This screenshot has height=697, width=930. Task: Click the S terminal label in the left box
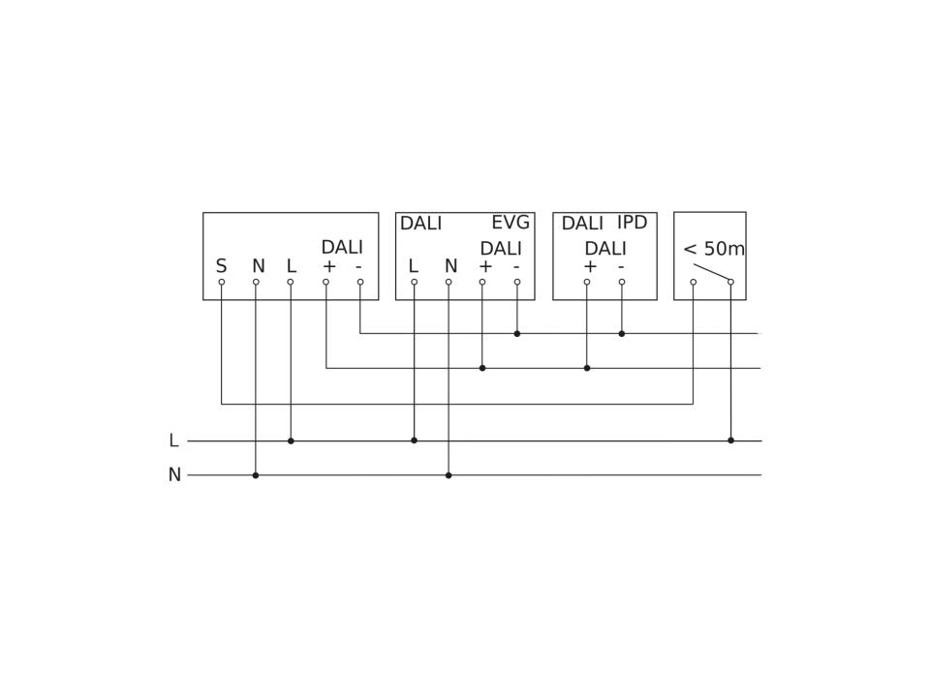click(x=221, y=266)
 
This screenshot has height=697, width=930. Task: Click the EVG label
click(x=511, y=223)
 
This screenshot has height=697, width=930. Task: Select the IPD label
click(x=633, y=223)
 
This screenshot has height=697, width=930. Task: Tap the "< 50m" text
click(x=714, y=249)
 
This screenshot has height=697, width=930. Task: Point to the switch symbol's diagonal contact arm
click(x=712, y=273)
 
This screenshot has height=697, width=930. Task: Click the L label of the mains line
click(x=173, y=440)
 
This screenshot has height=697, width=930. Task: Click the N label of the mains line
click(x=174, y=474)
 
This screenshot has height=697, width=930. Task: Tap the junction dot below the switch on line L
click(x=730, y=440)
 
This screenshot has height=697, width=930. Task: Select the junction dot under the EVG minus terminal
click(x=517, y=334)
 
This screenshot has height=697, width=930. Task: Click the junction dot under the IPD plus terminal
click(x=587, y=368)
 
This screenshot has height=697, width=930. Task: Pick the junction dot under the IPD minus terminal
click(x=622, y=334)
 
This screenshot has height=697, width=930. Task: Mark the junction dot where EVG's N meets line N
click(x=449, y=475)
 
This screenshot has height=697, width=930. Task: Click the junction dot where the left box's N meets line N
click(x=256, y=475)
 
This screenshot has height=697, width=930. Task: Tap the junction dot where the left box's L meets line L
click(x=291, y=440)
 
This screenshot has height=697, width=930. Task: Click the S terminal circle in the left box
click(x=221, y=282)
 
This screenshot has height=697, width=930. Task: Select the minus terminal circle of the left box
click(x=360, y=282)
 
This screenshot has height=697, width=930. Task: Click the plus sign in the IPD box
click(x=590, y=267)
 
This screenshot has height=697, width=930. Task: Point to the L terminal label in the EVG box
click(x=414, y=266)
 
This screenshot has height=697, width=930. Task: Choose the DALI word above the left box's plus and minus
click(x=342, y=247)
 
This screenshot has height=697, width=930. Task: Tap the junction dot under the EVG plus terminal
click(x=482, y=368)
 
